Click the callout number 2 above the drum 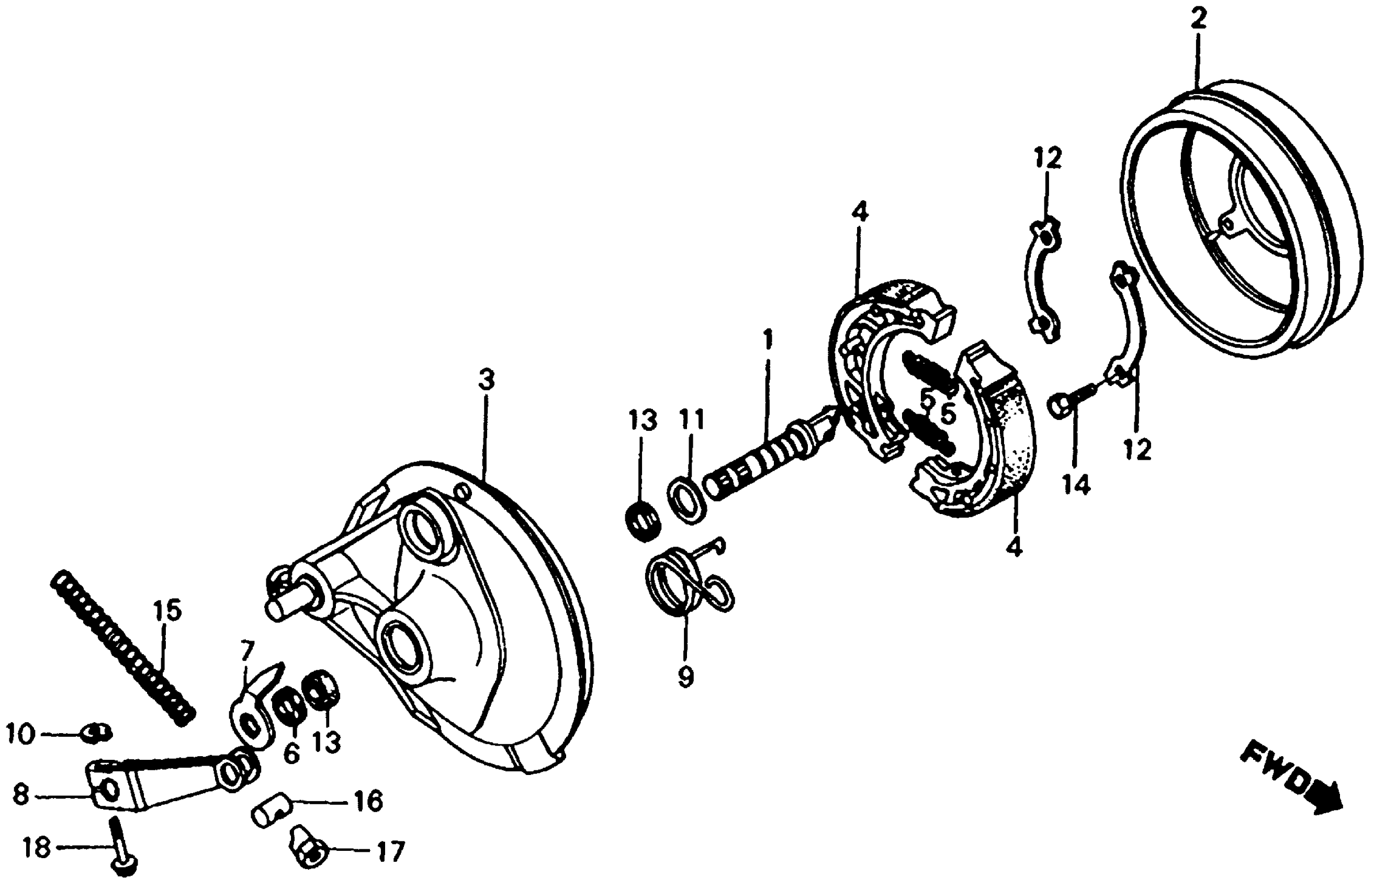[x=1197, y=20]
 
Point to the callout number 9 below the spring [x=685, y=678]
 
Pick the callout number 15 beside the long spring [x=167, y=611]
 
